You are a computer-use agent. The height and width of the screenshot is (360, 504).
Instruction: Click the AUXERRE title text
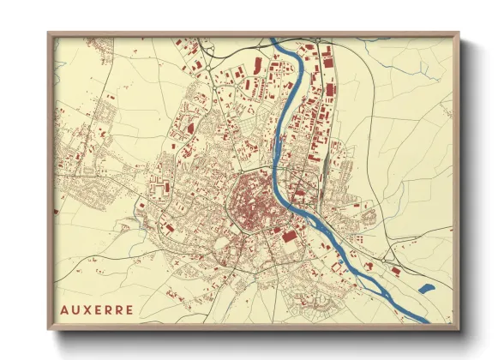[x=97, y=309]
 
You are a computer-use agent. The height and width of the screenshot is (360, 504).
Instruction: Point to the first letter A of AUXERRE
[x=65, y=309]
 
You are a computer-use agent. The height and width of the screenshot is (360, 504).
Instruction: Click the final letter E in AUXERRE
[x=129, y=309]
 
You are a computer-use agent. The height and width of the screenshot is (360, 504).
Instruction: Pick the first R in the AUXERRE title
[x=108, y=309]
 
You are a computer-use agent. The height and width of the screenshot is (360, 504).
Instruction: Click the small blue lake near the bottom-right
[x=426, y=289]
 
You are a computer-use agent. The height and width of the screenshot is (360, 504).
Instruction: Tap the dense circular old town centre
[x=251, y=204]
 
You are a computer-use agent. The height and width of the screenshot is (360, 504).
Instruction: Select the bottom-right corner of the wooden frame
[x=459, y=329]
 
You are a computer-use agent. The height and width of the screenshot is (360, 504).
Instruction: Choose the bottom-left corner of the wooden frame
[x=49, y=329]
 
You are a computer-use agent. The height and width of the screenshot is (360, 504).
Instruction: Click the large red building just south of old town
[x=289, y=235]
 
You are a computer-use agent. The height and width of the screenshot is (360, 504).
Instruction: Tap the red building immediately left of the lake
[x=395, y=271]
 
